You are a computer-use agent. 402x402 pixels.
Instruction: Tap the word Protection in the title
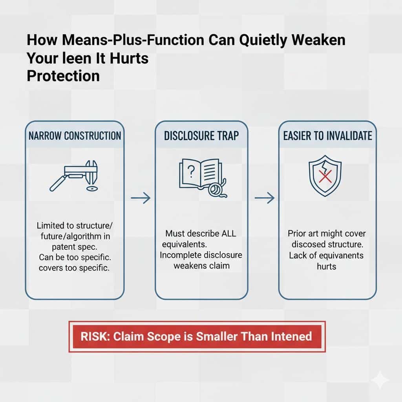[x=63, y=75]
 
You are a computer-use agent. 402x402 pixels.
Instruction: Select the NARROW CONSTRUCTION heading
[x=75, y=136]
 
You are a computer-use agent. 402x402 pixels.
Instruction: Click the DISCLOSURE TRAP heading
[x=201, y=136]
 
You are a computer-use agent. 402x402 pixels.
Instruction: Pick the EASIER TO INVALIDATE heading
[x=327, y=136]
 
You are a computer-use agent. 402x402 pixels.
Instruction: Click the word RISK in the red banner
[x=93, y=336]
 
